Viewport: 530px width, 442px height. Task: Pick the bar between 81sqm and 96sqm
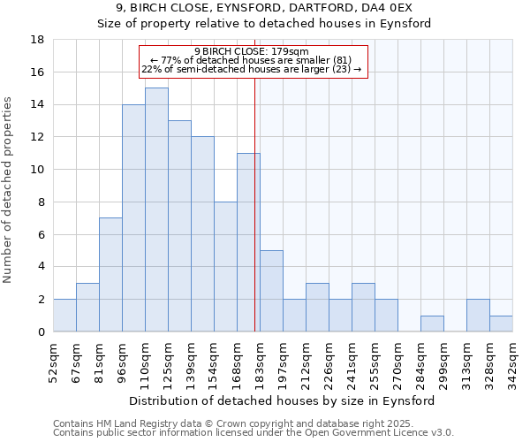[110, 274]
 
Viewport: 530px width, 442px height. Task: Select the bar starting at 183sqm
[271, 291]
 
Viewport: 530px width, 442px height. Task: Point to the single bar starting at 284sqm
[432, 324]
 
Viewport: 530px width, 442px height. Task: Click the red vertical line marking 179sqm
[255, 221]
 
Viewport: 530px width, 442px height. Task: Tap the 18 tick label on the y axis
[37, 40]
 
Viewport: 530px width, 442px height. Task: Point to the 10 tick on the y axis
[37, 170]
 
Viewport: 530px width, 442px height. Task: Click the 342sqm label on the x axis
[512, 362]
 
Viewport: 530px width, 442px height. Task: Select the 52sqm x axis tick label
[53, 362]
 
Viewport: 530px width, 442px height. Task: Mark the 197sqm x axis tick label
[283, 362]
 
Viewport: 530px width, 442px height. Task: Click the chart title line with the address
[264, 8]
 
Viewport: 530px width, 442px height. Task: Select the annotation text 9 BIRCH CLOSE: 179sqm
[252, 51]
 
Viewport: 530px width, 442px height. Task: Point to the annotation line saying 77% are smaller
[252, 60]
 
